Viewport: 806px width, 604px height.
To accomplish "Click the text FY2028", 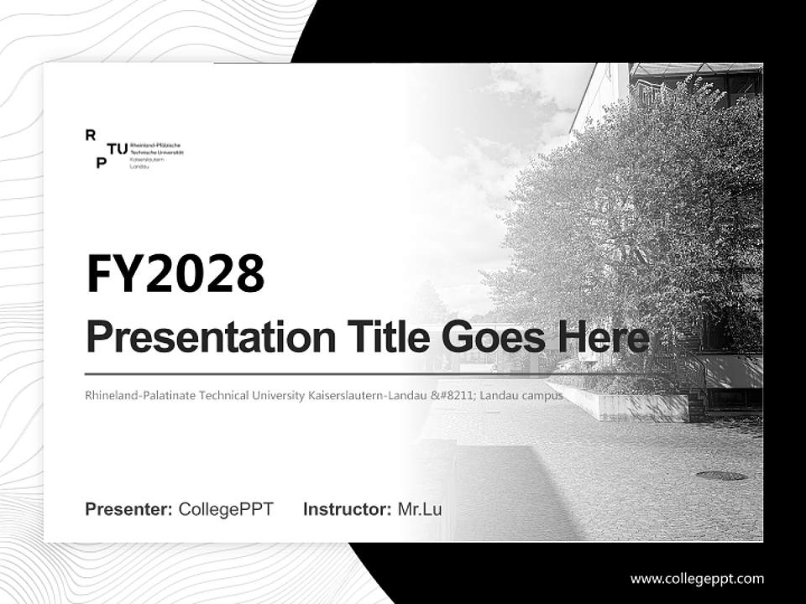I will tap(175, 273).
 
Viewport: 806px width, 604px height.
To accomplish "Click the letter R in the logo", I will tap(91, 134).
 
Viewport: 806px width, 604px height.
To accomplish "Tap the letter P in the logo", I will tap(101, 163).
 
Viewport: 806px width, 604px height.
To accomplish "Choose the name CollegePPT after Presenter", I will tap(226, 509).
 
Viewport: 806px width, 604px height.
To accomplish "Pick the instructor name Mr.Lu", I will tap(419, 509).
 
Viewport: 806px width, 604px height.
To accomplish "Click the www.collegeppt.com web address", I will tap(697, 579).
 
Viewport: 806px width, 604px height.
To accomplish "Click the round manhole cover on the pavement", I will tap(720, 476).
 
